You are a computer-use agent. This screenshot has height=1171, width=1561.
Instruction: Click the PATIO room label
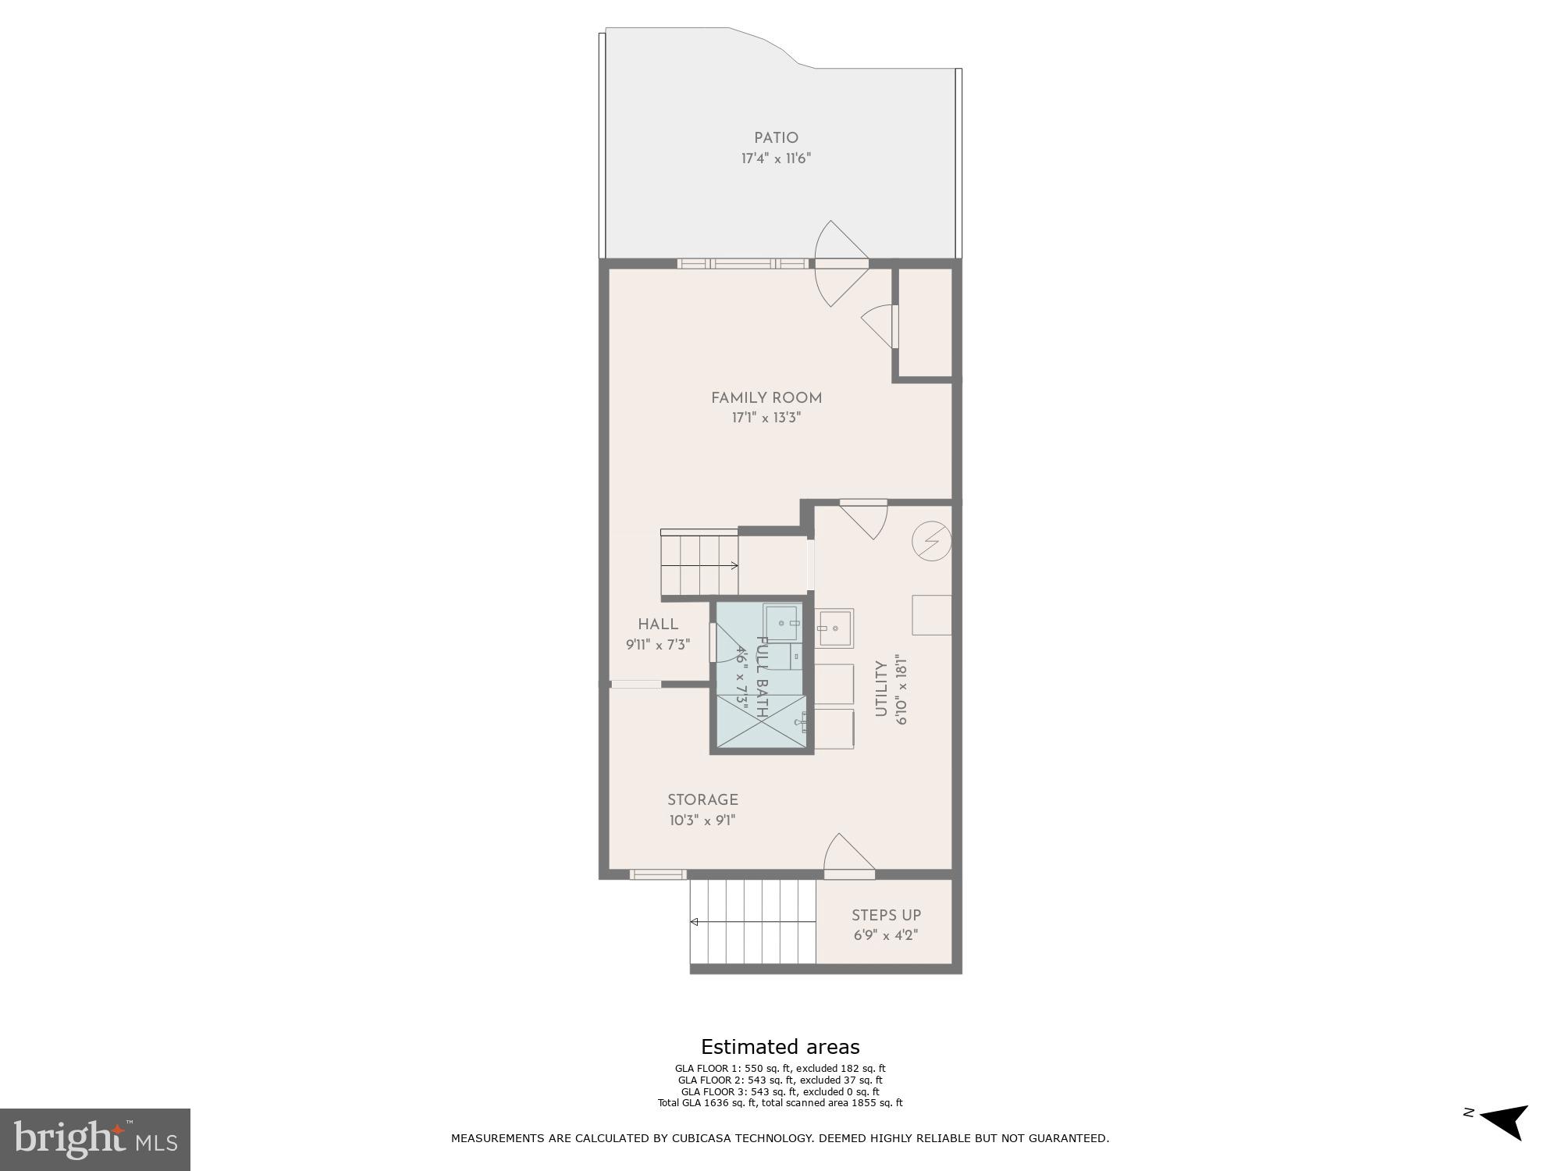[x=776, y=138]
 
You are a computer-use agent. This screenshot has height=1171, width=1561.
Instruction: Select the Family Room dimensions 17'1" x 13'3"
[x=766, y=418]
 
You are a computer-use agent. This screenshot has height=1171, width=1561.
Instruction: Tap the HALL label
[x=658, y=624]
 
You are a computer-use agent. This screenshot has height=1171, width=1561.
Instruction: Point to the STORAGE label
[x=702, y=800]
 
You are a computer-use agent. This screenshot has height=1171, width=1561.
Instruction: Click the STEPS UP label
[x=886, y=915]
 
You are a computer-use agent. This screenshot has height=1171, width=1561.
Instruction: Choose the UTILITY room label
[x=881, y=689]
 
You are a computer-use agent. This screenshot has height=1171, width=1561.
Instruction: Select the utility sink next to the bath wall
[x=834, y=628]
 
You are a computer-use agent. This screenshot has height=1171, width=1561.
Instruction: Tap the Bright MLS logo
[x=95, y=1139]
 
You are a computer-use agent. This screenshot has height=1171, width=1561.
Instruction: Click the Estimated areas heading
[x=780, y=1047]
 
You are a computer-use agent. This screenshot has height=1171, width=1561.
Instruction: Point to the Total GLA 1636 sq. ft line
[x=780, y=1103]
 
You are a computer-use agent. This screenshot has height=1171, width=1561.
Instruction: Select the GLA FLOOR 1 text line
[x=780, y=1069]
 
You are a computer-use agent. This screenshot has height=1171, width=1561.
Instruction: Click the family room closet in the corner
[x=925, y=323]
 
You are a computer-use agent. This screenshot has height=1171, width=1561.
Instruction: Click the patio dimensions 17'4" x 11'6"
[x=776, y=158]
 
